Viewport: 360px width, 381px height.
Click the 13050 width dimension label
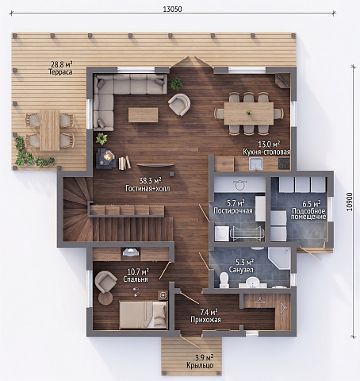(x=172, y=10)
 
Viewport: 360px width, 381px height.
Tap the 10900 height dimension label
(x=350, y=202)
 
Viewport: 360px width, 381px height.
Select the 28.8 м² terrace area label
(x=62, y=64)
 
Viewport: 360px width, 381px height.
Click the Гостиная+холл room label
(x=147, y=188)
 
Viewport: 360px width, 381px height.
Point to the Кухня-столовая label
(x=266, y=152)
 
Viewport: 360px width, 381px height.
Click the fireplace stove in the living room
(x=105, y=159)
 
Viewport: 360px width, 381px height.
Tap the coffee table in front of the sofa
(x=144, y=115)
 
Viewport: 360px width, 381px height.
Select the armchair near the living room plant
(x=179, y=105)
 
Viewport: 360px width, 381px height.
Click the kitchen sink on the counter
(x=255, y=164)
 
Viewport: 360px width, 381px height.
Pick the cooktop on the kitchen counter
(x=284, y=164)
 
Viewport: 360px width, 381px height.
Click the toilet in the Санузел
(x=224, y=280)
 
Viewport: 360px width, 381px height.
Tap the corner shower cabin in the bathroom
(x=279, y=258)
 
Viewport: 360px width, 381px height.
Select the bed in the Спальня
(x=144, y=315)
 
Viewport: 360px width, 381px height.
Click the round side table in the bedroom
(x=105, y=298)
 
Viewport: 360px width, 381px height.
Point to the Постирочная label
(x=233, y=211)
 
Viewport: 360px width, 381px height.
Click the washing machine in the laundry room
(x=222, y=233)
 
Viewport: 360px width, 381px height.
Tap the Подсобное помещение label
(x=308, y=214)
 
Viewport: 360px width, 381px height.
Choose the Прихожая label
(x=205, y=320)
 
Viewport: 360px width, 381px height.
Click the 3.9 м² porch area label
(x=205, y=358)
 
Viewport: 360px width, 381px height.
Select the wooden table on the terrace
(x=50, y=130)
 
